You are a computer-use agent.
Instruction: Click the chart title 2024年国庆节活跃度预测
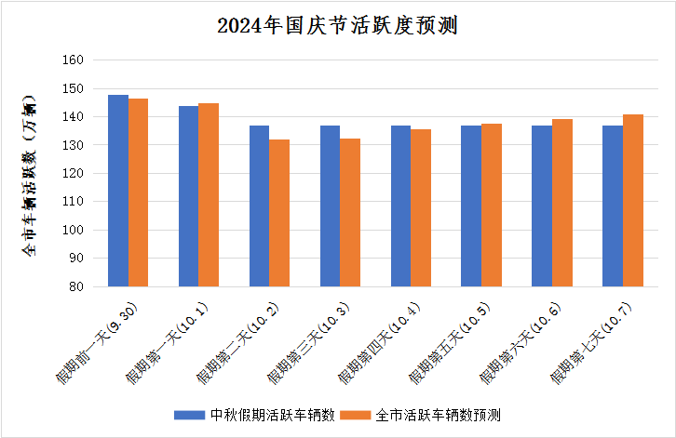tap(337, 26)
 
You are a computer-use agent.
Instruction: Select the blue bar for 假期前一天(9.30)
tap(118, 191)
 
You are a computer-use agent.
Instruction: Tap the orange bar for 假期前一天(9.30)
tap(139, 192)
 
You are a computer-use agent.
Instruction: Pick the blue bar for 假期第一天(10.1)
tap(188, 196)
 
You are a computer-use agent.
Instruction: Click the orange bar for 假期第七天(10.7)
tap(632, 200)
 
